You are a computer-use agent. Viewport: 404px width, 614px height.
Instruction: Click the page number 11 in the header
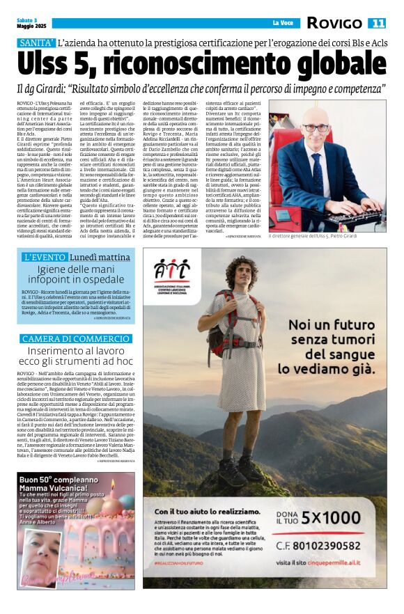click(x=377, y=23)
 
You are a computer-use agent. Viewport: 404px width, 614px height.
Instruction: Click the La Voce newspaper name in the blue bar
click(x=283, y=23)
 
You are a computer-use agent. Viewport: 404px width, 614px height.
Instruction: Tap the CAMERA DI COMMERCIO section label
click(x=76, y=338)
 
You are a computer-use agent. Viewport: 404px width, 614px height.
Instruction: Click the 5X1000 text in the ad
click(x=350, y=517)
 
